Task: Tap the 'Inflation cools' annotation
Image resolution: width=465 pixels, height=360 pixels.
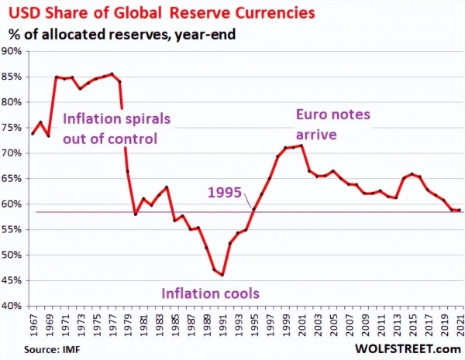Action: (x=209, y=294)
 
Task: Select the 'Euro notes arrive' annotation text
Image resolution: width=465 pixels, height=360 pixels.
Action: (x=333, y=124)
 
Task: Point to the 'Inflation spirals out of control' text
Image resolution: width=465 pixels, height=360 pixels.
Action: (x=116, y=129)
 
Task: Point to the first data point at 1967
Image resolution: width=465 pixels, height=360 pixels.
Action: (x=33, y=134)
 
